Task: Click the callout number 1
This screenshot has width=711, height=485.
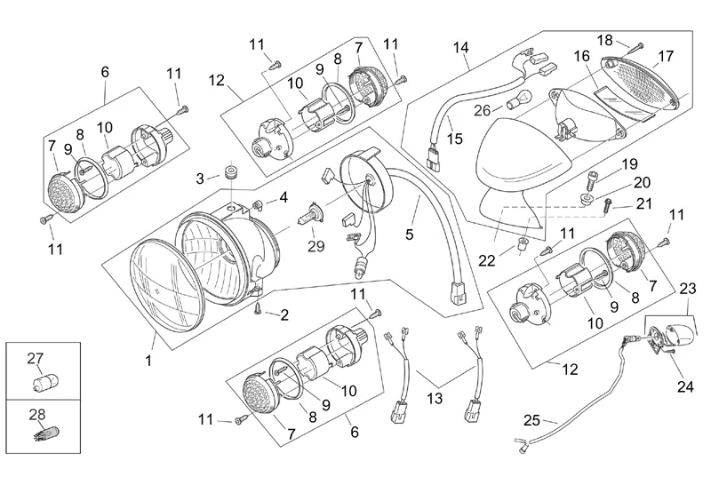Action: coord(148,362)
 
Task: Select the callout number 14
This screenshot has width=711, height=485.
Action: coord(459,46)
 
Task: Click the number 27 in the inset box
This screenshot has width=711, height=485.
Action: coord(35,359)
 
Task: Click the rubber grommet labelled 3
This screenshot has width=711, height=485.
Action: coord(229,171)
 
